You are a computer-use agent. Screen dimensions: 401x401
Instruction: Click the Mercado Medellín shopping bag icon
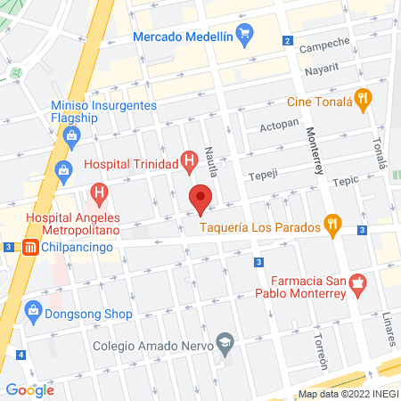(x=247, y=37)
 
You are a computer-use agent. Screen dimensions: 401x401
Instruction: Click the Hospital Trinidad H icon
(x=188, y=162)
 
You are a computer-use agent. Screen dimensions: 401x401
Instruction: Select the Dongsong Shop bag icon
(x=34, y=313)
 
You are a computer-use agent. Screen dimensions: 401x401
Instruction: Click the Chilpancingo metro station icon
(x=29, y=247)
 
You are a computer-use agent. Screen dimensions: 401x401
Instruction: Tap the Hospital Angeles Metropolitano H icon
(x=100, y=192)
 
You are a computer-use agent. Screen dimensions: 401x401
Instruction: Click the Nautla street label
(x=211, y=160)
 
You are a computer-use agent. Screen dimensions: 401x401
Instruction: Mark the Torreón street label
(x=322, y=351)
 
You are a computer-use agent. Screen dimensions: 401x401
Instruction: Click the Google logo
(x=30, y=389)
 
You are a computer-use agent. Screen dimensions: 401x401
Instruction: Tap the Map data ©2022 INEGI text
(x=347, y=394)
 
